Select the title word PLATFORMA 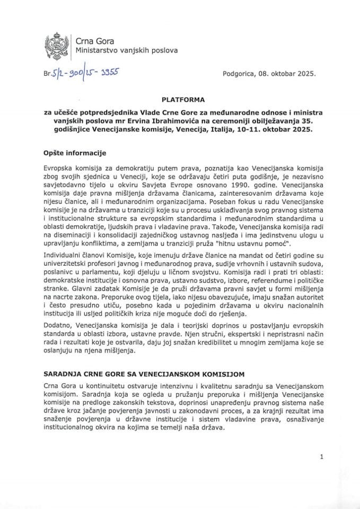point(180,99)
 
